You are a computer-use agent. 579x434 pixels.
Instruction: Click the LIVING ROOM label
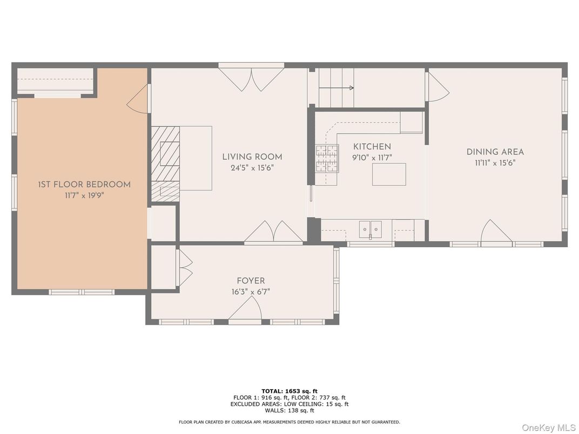(252, 157)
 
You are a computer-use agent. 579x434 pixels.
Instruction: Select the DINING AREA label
(495, 152)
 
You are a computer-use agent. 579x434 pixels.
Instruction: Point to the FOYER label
(251, 281)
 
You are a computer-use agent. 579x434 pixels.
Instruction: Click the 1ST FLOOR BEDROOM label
(84, 185)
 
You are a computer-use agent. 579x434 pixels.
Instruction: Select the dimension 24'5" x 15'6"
(252, 168)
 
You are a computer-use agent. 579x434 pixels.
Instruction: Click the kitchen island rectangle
(388, 174)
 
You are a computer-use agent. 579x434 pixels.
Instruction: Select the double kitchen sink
(370, 229)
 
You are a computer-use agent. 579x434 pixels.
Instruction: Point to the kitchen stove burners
(327, 158)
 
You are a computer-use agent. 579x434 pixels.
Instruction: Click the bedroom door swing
(138, 100)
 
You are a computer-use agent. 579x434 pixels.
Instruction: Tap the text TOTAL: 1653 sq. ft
(289, 391)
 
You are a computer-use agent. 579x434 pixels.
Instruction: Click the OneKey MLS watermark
(548, 428)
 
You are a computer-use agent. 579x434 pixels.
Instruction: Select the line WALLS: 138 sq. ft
(289, 410)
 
